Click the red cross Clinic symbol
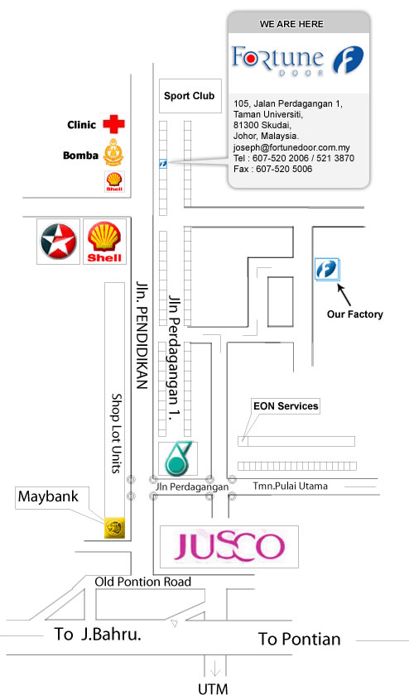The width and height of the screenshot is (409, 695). click(114, 124)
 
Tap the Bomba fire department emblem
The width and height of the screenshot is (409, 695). click(114, 153)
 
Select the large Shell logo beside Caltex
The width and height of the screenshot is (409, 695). click(104, 242)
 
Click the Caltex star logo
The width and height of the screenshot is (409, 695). click(58, 241)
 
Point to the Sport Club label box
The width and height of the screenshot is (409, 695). click(190, 96)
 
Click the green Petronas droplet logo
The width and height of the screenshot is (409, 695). click(178, 458)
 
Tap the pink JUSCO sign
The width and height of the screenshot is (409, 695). click(229, 547)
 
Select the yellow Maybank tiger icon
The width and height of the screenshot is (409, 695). click(114, 528)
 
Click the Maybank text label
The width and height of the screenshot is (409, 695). click(48, 496)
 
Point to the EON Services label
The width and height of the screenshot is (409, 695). click(286, 406)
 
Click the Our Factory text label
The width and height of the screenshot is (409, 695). click(355, 314)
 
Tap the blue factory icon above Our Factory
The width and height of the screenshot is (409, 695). click(327, 270)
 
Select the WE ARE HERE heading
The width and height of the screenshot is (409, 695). click(291, 24)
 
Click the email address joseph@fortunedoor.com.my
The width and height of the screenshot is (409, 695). click(291, 147)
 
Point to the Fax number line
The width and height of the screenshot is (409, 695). click(273, 169)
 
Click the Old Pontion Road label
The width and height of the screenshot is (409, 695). click(143, 582)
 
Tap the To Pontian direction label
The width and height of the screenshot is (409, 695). click(300, 639)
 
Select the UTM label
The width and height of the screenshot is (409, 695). click(213, 688)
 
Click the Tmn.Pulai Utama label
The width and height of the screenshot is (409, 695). click(291, 486)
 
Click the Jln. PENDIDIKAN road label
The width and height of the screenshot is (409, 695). click(141, 334)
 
